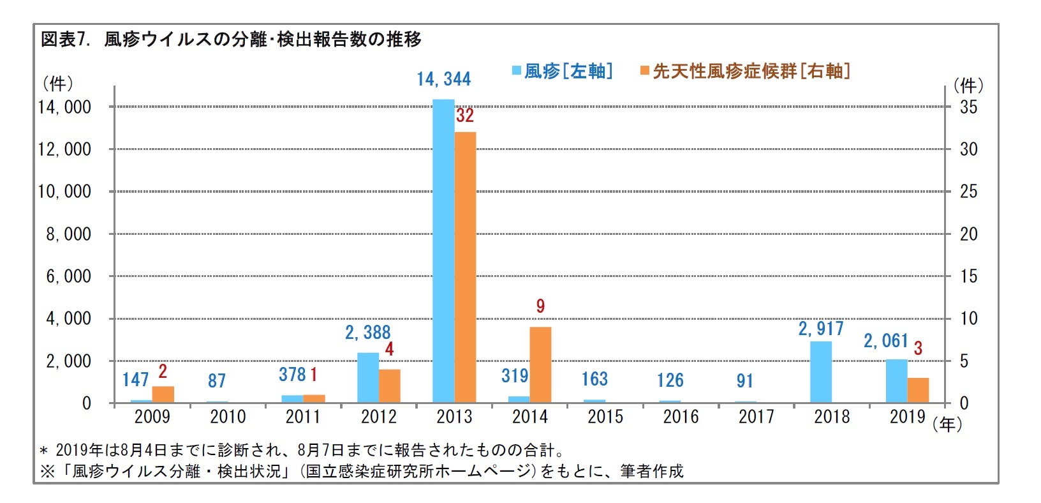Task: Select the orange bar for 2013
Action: click(x=465, y=267)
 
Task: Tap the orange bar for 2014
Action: click(x=540, y=364)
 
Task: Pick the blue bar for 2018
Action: click(x=821, y=372)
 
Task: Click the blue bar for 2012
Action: click(x=368, y=377)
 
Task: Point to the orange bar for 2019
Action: click(x=918, y=390)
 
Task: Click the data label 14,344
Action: click(x=443, y=79)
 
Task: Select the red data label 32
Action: click(x=465, y=116)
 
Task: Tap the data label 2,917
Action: click(x=821, y=329)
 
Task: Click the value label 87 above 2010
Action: click(x=217, y=381)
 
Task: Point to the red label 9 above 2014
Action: click(x=540, y=306)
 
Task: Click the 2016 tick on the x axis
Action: click(x=681, y=417)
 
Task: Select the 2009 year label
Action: click(x=152, y=417)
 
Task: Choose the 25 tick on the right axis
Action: click(x=968, y=191)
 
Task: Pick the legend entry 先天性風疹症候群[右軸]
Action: click(x=745, y=71)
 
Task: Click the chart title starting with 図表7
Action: click(x=231, y=40)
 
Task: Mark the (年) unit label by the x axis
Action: click(x=947, y=424)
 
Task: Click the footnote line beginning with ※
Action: click(x=362, y=472)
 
